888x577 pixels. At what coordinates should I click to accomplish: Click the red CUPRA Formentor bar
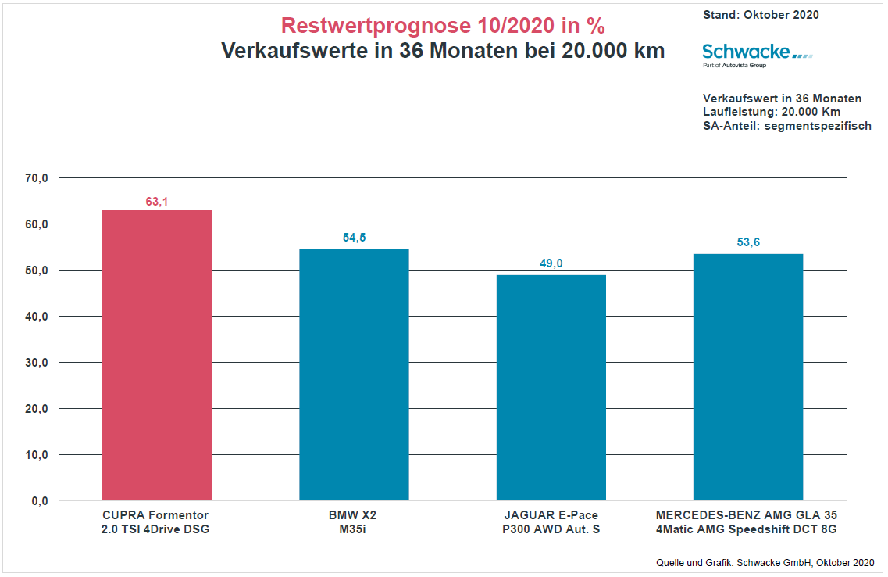pyautogui.click(x=157, y=355)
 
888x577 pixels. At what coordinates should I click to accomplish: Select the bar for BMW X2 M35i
pyautogui.click(x=354, y=375)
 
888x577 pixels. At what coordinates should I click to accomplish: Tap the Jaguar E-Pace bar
pyautogui.click(x=551, y=388)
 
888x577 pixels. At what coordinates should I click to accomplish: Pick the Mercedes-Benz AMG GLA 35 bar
pyautogui.click(x=747, y=377)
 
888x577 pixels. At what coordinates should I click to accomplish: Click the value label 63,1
pyautogui.click(x=157, y=202)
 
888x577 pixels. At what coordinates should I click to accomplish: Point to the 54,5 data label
pyautogui.click(x=354, y=238)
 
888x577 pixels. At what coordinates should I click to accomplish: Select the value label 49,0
pyautogui.click(x=551, y=263)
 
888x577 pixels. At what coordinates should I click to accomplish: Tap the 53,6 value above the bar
pyautogui.click(x=747, y=242)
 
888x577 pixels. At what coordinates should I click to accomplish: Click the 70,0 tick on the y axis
pyautogui.click(x=37, y=178)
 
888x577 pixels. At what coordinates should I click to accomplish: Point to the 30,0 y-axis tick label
pyautogui.click(x=37, y=363)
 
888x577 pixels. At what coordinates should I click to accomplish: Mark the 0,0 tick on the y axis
pyautogui.click(x=40, y=501)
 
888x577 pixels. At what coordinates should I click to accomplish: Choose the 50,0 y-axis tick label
pyautogui.click(x=37, y=271)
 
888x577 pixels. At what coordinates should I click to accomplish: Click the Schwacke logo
pyautogui.click(x=756, y=54)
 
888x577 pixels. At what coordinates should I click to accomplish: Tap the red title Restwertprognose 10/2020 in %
pyautogui.click(x=443, y=26)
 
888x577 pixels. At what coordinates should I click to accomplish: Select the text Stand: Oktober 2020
pyautogui.click(x=761, y=15)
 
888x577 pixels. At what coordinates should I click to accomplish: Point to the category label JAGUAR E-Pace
pyautogui.click(x=551, y=516)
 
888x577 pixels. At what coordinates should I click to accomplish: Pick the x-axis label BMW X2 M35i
pyautogui.click(x=354, y=522)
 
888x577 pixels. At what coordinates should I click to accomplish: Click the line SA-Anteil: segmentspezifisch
pyautogui.click(x=787, y=126)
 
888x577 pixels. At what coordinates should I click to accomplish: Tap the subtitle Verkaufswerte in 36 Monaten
pyautogui.click(x=443, y=52)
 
